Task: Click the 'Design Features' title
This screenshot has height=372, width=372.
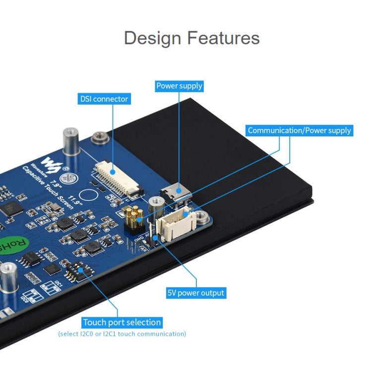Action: coord(191,38)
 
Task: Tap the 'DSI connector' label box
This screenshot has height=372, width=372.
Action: coord(104,99)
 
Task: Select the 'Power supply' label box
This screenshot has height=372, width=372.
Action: coord(179,86)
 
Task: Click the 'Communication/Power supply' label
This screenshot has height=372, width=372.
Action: coord(299,130)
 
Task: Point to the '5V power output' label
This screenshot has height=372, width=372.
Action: coord(195,293)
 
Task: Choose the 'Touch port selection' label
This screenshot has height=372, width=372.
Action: coord(122,322)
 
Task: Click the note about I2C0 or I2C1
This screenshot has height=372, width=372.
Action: coord(122,334)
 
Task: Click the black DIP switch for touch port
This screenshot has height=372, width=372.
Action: coord(79,270)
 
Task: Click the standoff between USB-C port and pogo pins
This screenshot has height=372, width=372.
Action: coord(157,203)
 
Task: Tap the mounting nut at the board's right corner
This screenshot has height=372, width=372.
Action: coord(201,216)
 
